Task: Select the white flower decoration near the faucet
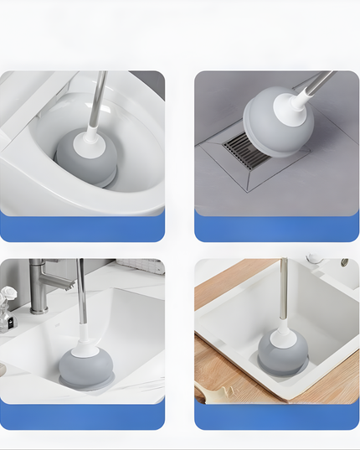[x=8, y=296]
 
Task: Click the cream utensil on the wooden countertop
[x=213, y=391]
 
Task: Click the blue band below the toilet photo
[x=82, y=227]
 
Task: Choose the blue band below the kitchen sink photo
[x=277, y=415]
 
